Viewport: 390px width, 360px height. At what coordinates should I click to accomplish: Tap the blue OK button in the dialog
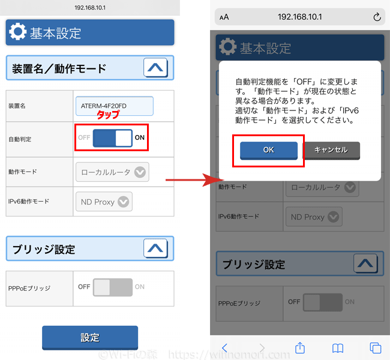[269, 150]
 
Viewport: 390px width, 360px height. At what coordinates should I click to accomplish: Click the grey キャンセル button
[331, 150]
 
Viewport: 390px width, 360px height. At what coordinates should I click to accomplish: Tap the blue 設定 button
[90, 338]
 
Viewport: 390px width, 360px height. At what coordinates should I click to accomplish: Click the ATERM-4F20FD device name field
[115, 106]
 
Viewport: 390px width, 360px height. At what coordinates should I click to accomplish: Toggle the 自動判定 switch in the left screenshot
[112, 138]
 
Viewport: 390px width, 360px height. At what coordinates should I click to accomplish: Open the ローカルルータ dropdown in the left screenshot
[112, 172]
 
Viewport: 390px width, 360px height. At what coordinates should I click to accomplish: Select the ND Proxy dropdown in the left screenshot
[104, 202]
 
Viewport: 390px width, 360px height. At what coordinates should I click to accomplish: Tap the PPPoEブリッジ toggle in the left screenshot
[112, 287]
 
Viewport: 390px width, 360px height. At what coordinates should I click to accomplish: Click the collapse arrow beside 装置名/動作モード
[155, 68]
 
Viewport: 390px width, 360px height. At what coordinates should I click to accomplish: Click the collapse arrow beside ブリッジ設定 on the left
[155, 248]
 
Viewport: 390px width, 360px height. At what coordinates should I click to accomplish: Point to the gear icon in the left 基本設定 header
[17, 32]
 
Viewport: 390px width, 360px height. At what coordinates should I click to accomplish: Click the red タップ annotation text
[108, 114]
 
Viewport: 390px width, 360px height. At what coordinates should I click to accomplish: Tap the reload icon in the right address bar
[377, 17]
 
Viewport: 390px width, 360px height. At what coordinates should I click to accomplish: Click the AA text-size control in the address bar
[224, 17]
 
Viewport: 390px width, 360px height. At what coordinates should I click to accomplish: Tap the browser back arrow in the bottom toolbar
[224, 347]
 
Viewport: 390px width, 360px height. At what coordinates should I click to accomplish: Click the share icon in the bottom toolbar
[300, 347]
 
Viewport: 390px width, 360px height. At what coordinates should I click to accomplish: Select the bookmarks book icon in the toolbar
[338, 349]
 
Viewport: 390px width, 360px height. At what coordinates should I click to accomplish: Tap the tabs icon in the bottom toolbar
[376, 348]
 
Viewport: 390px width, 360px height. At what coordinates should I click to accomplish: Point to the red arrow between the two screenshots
[195, 180]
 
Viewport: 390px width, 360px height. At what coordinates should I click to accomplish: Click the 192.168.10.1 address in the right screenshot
[300, 17]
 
